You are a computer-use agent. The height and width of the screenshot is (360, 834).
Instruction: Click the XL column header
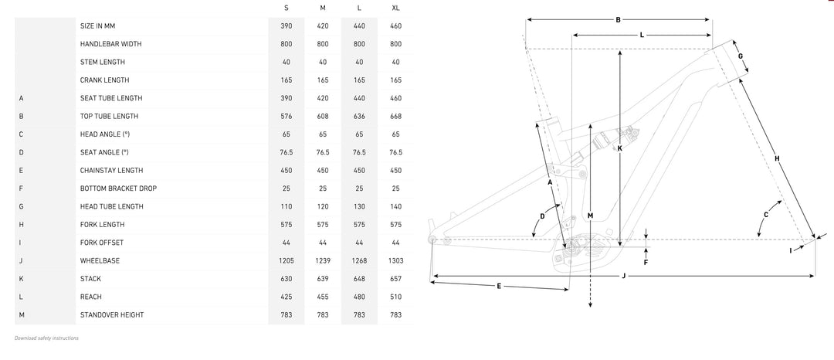[x=395, y=8]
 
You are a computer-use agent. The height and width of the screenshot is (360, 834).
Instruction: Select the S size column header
[x=286, y=8]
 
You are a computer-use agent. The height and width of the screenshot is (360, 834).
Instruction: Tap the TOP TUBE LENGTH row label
[x=109, y=116]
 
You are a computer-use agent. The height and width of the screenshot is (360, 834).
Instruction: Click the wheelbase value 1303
[x=395, y=260]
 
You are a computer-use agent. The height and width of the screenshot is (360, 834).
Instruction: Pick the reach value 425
[x=286, y=297]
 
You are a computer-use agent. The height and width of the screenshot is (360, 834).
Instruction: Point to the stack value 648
[x=360, y=279]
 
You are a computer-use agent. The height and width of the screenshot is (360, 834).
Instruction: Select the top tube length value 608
[x=323, y=116]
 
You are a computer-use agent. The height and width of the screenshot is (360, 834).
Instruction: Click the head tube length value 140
[x=395, y=206]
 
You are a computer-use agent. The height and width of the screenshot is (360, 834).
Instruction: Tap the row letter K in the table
[x=22, y=279]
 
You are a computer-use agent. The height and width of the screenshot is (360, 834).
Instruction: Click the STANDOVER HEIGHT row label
[x=112, y=314]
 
